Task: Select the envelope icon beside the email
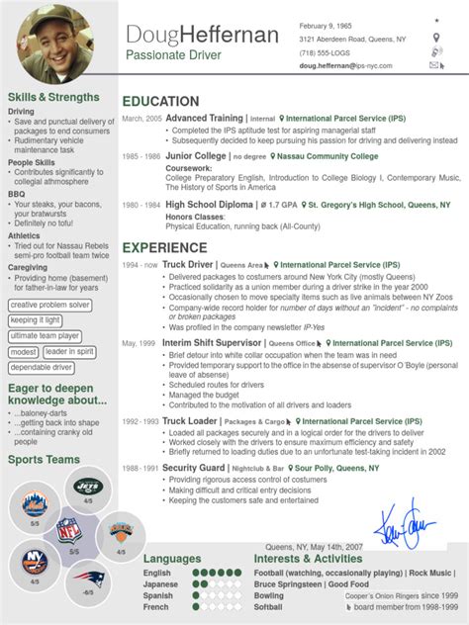point(435,65)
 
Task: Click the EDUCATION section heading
point(160,101)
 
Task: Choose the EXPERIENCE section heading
point(164,247)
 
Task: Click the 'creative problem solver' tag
point(50,305)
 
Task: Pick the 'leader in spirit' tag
point(70,351)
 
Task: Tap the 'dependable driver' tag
point(42,367)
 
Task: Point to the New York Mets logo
point(34,504)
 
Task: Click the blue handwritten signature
point(408,520)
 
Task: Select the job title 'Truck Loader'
point(191,420)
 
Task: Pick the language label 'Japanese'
point(160,584)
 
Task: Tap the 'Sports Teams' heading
point(43,460)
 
